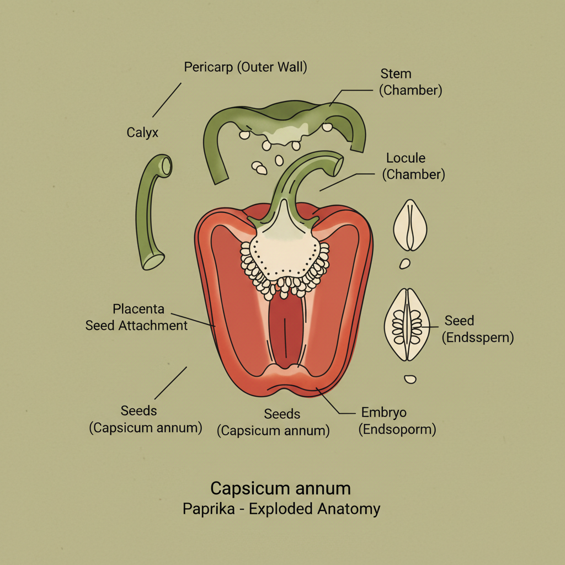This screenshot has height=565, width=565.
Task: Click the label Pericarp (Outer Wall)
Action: click(x=246, y=67)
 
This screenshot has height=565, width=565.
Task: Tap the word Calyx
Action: click(x=142, y=132)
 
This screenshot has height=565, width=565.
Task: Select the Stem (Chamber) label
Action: click(x=411, y=82)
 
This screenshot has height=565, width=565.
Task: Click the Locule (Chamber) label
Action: click(x=413, y=166)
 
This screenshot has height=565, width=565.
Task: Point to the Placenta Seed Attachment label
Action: click(x=137, y=317)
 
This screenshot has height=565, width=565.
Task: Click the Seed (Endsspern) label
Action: click(x=478, y=329)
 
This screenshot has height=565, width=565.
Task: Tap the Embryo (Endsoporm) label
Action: click(x=397, y=420)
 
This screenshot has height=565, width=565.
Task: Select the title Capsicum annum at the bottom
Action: click(x=280, y=488)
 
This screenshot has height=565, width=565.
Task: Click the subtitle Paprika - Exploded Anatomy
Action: click(x=281, y=508)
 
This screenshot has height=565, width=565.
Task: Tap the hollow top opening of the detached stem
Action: click(x=165, y=164)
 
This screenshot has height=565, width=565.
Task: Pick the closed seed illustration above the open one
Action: click(x=411, y=225)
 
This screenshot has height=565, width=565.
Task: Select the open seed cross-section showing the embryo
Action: click(x=409, y=324)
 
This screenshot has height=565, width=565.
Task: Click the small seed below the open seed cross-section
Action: click(x=410, y=379)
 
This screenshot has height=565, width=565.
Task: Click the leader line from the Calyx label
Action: click(x=167, y=100)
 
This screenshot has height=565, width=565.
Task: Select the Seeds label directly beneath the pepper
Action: click(x=274, y=422)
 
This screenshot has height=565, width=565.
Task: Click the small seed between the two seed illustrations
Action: click(x=405, y=264)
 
